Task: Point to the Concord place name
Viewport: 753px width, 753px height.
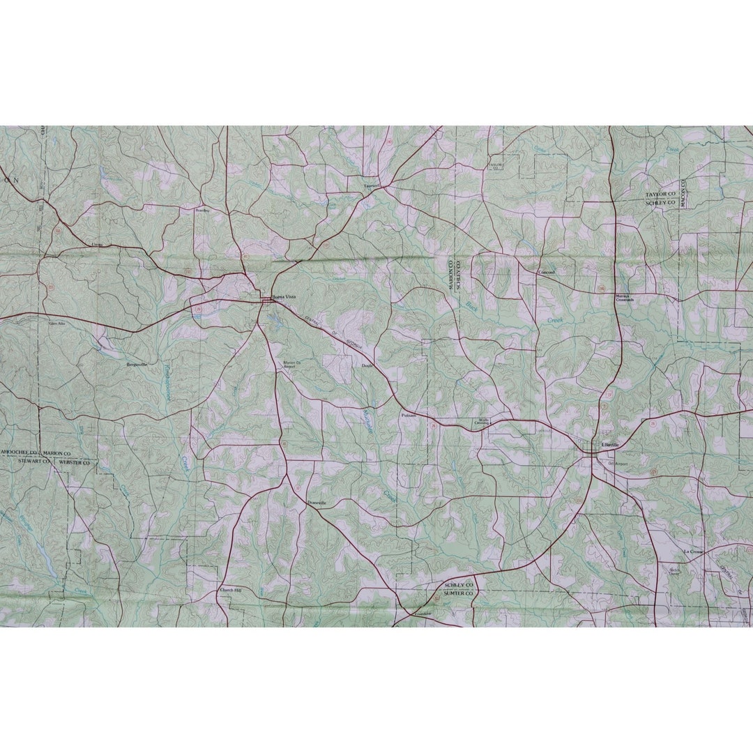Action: click(547, 272)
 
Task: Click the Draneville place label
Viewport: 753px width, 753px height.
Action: click(317, 502)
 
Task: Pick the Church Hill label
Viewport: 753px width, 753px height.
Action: click(230, 590)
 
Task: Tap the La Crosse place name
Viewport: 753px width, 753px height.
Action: click(693, 551)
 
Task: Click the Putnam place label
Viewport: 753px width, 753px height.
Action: click(409, 415)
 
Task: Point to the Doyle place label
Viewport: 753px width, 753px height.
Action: click(367, 365)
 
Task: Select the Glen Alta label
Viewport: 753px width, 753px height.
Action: click(57, 324)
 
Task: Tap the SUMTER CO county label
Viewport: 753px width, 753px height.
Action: click(458, 593)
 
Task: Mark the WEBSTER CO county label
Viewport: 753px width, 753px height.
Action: click(75, 462)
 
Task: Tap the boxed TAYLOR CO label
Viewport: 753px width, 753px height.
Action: click(495, 166)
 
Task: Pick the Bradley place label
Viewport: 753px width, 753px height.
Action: click(202, 210)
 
